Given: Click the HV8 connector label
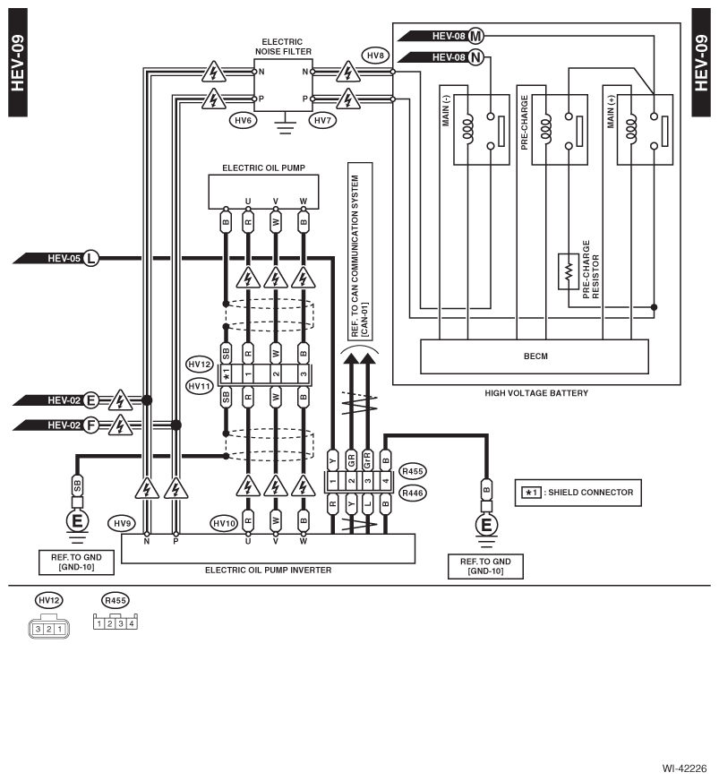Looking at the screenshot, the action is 375,56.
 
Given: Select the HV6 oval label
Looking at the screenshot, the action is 243,120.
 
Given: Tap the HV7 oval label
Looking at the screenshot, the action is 322,120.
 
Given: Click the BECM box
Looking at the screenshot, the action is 535,356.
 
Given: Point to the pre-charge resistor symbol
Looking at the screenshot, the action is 569,271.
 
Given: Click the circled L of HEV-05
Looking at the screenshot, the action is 90,258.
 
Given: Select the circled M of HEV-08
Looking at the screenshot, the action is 476,36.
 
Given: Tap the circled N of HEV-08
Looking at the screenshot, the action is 476,58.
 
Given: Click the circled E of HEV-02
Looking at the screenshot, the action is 90,400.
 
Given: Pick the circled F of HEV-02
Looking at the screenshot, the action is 90,425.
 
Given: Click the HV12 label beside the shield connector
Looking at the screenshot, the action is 200,365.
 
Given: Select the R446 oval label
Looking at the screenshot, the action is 412,493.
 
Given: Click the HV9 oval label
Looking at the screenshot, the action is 122,523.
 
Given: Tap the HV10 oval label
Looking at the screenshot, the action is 224,523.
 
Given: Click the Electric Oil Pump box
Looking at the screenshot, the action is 263,192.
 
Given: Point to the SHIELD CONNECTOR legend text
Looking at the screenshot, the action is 591,493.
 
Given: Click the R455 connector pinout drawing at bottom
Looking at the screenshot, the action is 115,622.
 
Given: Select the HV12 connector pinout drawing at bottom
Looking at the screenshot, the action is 48,628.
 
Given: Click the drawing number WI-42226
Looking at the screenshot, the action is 684,768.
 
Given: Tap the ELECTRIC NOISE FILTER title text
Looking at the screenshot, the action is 283,47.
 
